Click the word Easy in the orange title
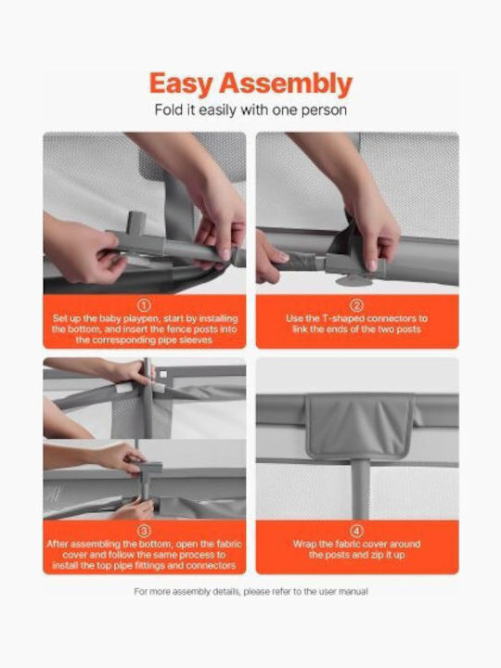tap(181, 84)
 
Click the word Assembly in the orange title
tap(286, 84)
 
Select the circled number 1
tap(145, 305)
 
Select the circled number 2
tap(356, 305)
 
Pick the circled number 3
tap(145, 531)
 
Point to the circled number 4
tap(356, 531)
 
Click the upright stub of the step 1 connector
tap(136, 223)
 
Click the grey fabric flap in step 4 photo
tap(360, 427)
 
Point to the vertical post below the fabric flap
tap(360, 489)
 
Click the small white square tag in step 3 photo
tap(163, 374)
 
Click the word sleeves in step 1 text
tap(197, 340)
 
